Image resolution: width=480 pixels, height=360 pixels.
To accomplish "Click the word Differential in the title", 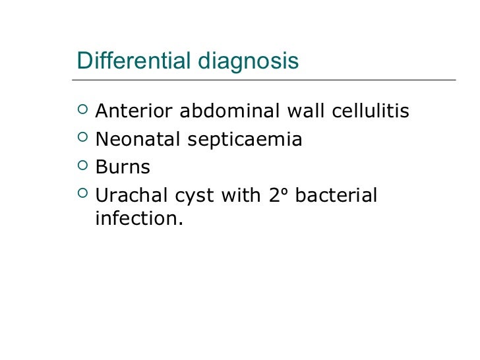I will pos(133,61).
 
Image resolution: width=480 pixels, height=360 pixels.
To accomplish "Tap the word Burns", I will pos(123,167).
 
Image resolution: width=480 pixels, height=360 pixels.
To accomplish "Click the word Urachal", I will pos(131,196).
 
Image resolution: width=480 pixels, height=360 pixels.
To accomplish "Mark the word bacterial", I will pos(338,196).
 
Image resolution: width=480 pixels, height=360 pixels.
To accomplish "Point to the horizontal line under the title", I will pos(264,80).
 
